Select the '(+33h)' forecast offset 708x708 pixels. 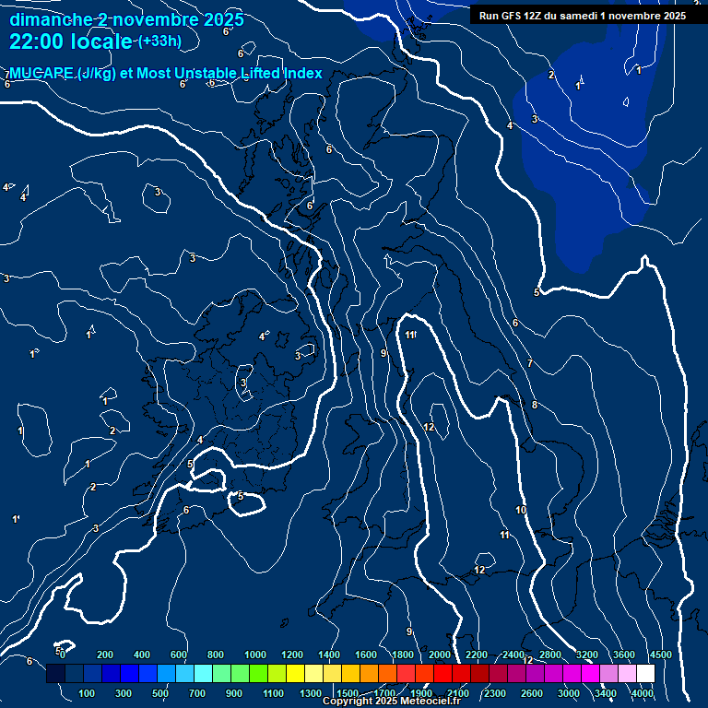click(x=159, y=41)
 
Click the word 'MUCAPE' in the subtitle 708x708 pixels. click(x=41, y=74)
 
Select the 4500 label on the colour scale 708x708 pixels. click(x=660, y=654)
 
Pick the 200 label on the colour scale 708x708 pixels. click(x=105, y=654)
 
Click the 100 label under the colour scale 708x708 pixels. click(x=88, y=692)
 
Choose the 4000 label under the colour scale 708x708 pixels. click(x=643, y=692)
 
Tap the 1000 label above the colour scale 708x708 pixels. click(x=255, y=654)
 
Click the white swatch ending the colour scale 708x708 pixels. click(x=645, y=673)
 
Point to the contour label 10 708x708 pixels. click(x=521, y=510)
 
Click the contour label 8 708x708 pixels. click(x=535, y=405)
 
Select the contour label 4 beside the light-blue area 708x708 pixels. click(x=510, y=125)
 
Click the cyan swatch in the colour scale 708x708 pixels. click(x=203, y=673)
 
